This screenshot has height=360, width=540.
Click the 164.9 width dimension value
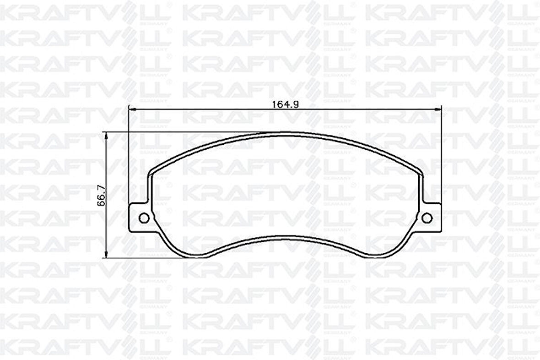pyautogui.click(x=285, y=104)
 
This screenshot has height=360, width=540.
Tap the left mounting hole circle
pyautogui.click(x=144, y=218)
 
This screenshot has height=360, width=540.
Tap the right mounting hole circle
pyautogui.click(x=427, y=218)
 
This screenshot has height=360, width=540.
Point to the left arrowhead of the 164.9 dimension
pyautogui.click(x=130, y=109)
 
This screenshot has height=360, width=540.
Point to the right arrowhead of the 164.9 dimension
pyautogui.click(x=440, y=109)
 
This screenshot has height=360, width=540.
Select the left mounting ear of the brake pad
pyautogui.click(x=140, y=218)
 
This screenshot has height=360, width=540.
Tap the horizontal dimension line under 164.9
pyautogui.click(x=206, y=109)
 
